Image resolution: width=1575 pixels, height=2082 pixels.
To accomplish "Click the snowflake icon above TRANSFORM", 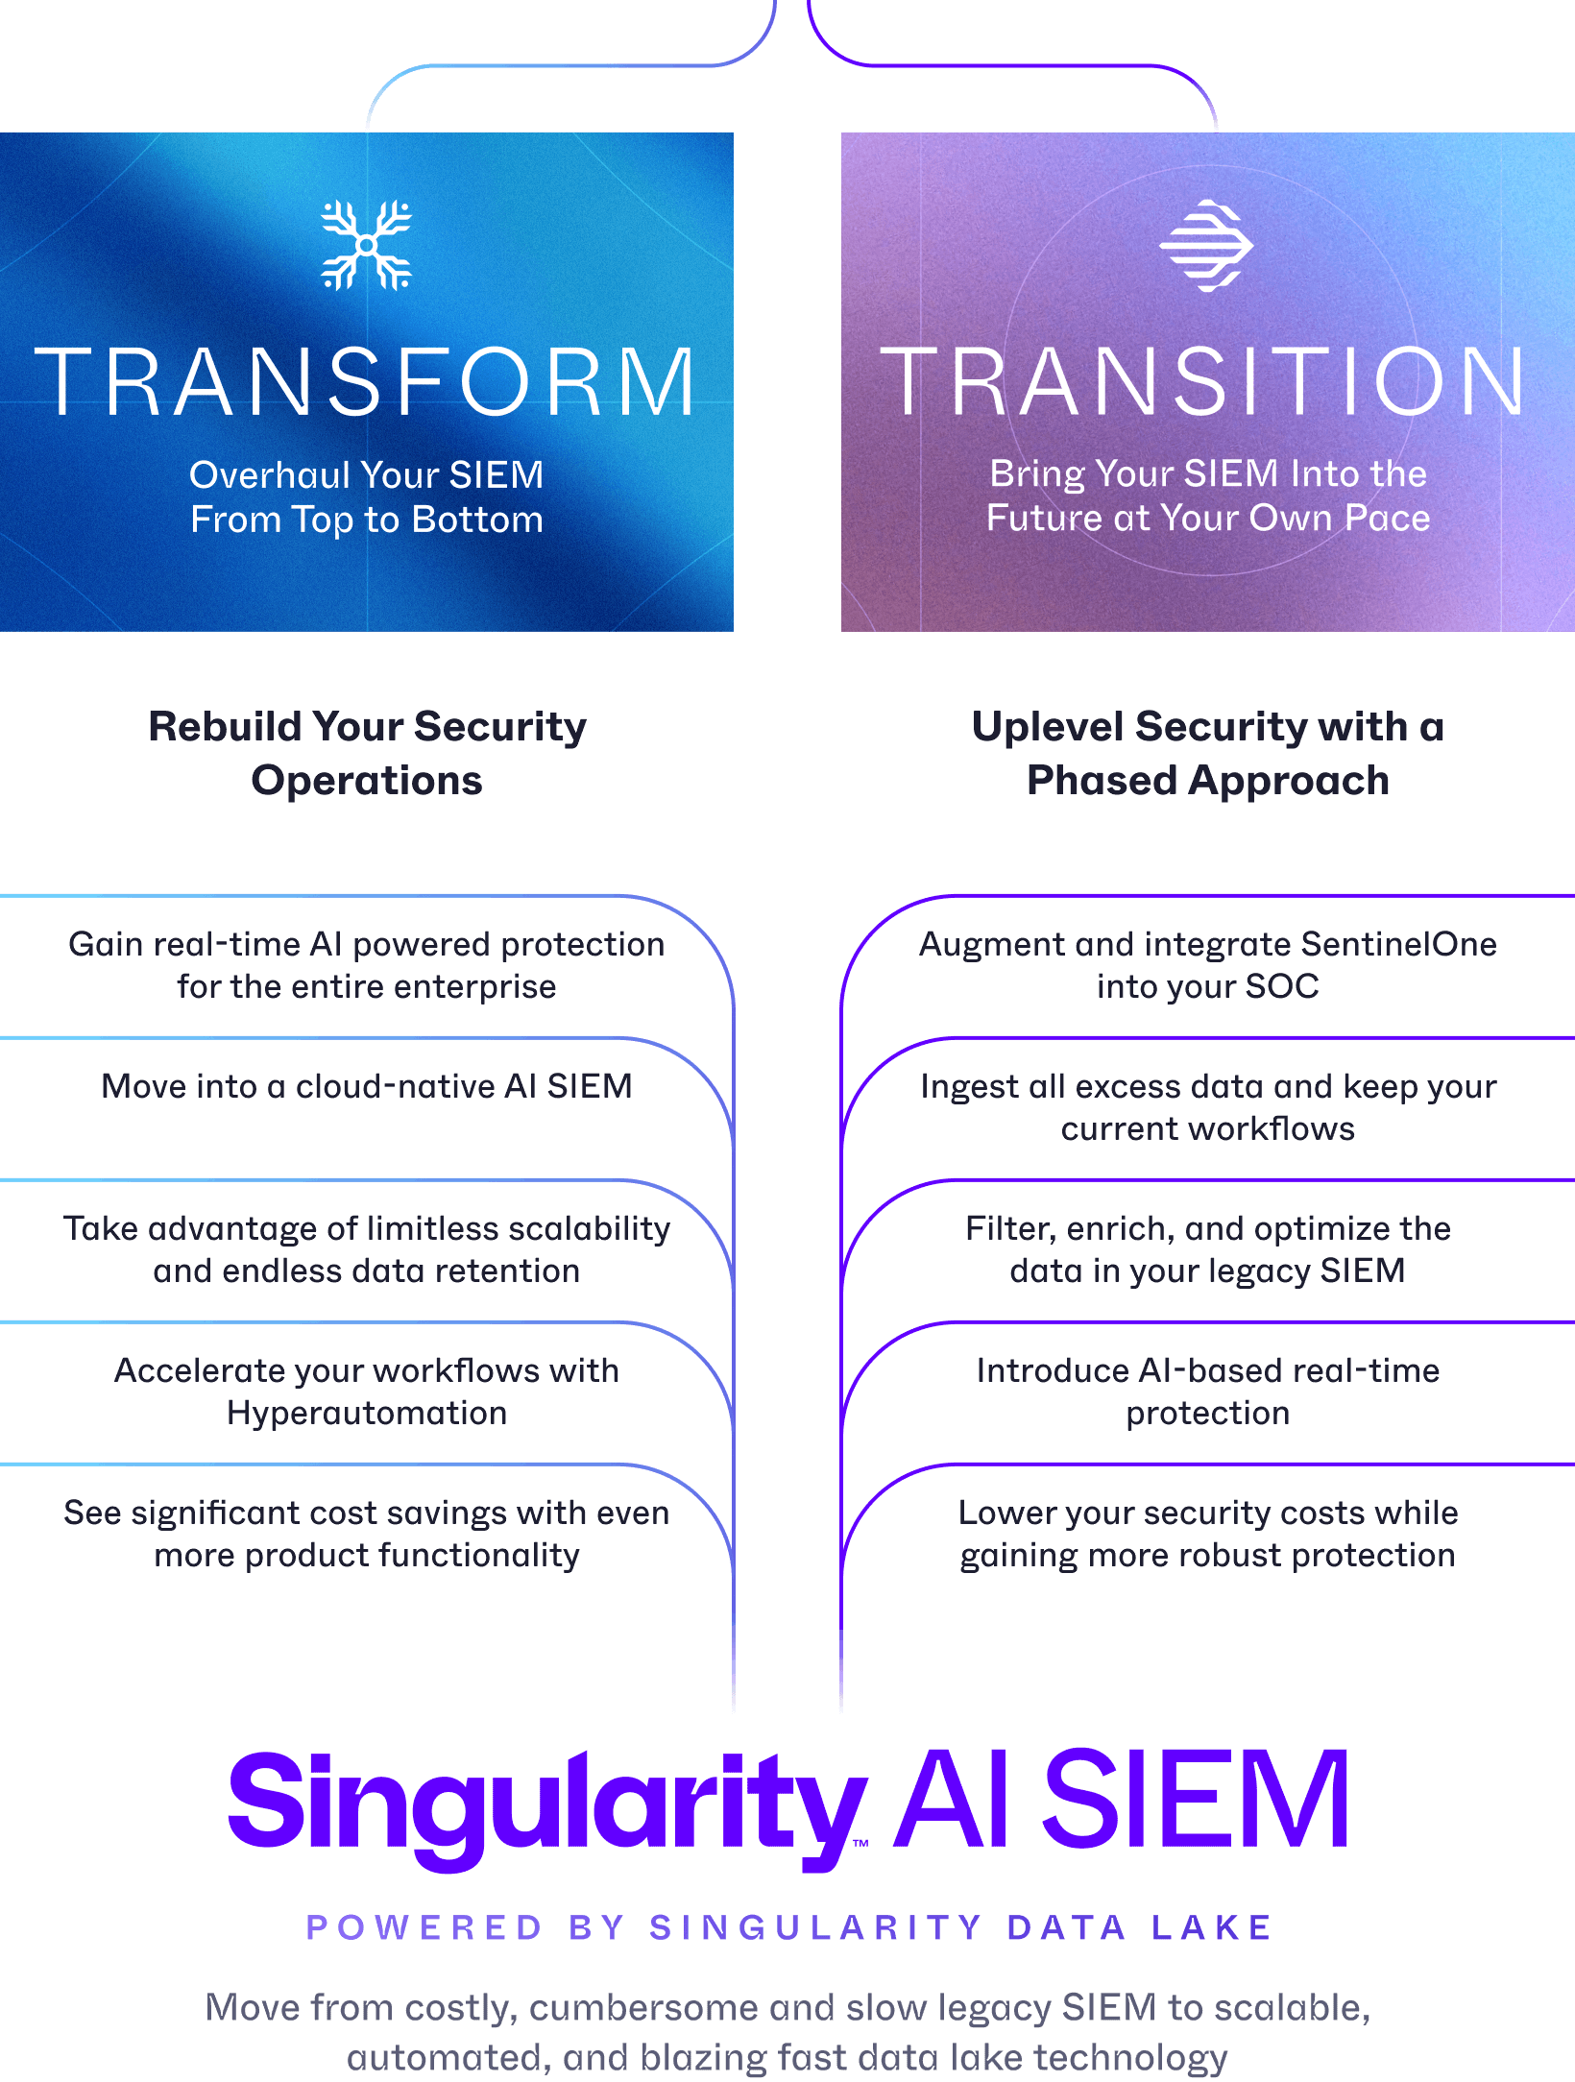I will tap(366, 245).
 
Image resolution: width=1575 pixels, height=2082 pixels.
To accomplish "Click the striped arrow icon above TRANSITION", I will tap(1206, 245).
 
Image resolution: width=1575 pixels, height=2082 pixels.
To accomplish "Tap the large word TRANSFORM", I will tap(366, 382).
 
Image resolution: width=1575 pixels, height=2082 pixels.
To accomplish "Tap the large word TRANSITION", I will tap(1204, 382).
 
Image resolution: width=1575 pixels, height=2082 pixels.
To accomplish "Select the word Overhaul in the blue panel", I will tap(270, 475).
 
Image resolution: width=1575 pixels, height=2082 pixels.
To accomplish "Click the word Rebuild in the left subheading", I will tap(225, 727).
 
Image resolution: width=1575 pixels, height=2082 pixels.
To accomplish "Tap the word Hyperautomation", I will tap(367, 1413).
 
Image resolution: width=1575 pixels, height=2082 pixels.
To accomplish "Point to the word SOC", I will tap(1282, 986).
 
